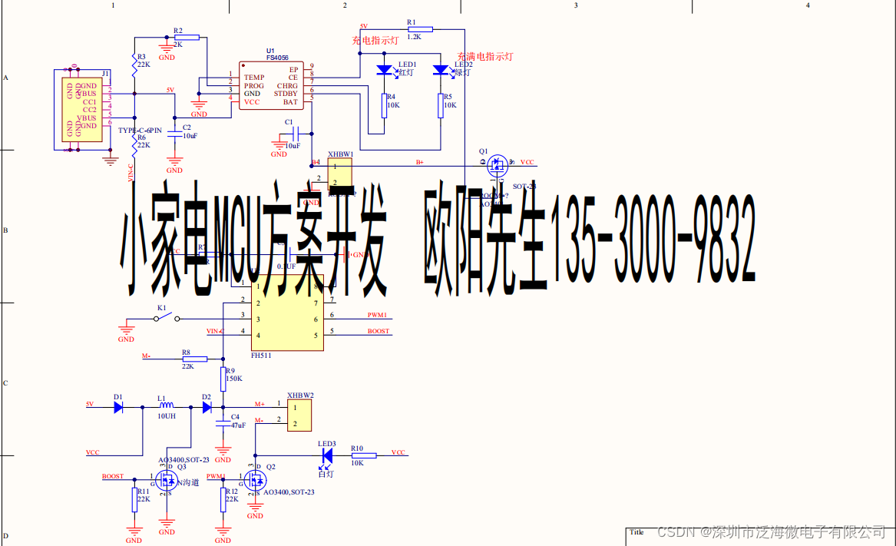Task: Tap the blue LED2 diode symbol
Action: [440, 71]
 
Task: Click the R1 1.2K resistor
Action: [420, 29]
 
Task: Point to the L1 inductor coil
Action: [166, 406]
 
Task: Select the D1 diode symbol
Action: [118, 408]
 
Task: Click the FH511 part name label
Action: [261, 356]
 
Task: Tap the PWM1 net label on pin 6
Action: [377, 315]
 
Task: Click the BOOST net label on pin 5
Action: [378, 331]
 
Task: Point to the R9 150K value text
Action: [233, 379]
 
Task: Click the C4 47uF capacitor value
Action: [238, 425]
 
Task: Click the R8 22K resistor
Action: [194, 359]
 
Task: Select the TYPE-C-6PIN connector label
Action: [140, 131]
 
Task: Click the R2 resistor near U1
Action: [187, 37]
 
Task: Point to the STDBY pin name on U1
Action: [286, 94]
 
